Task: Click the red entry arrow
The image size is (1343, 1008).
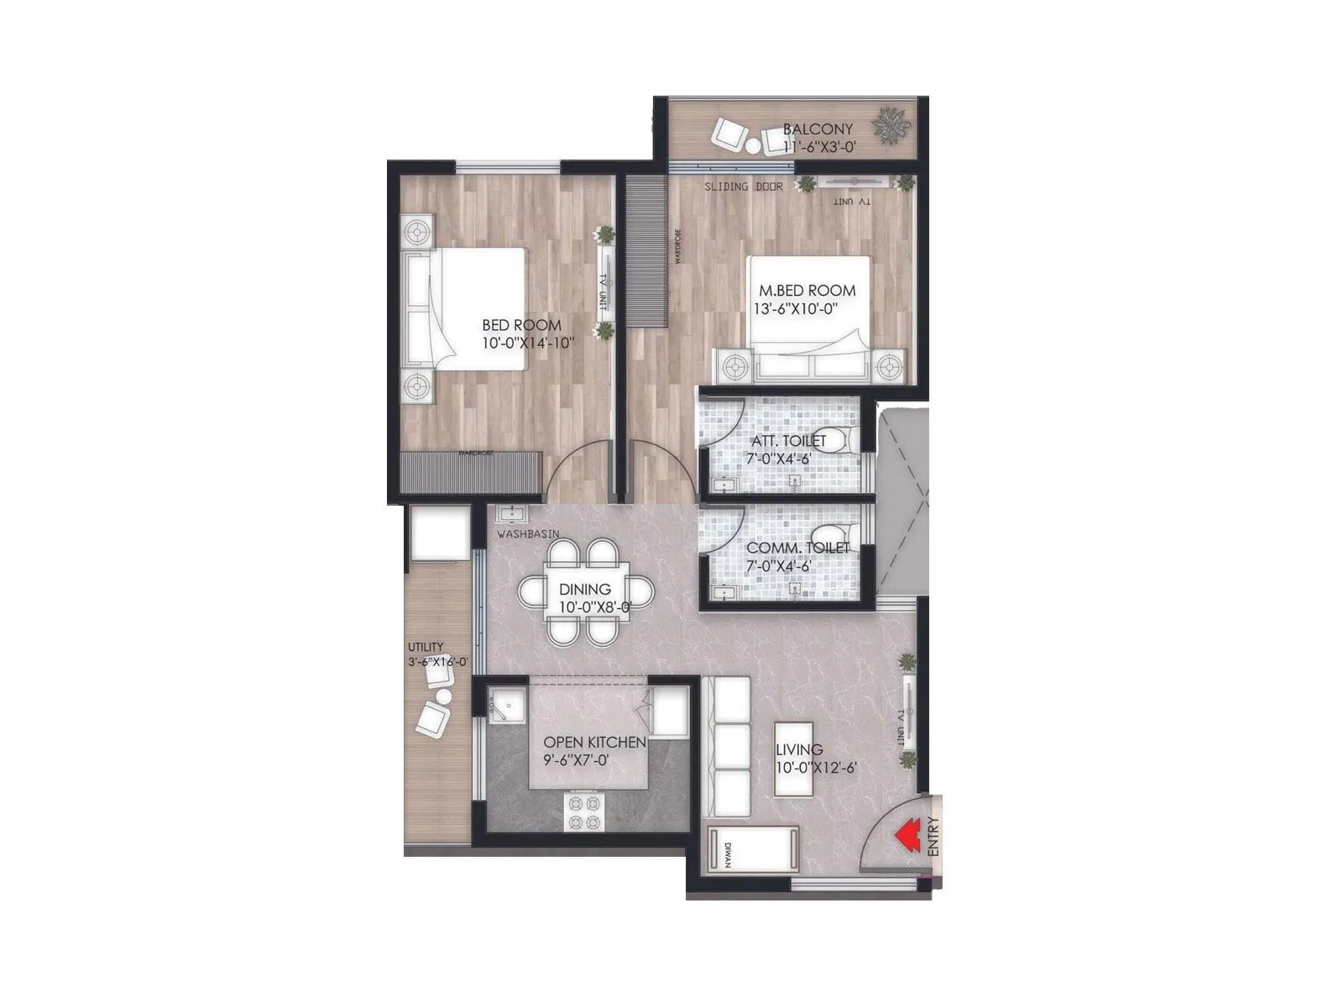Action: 905,836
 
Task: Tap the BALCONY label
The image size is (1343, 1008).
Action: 818,129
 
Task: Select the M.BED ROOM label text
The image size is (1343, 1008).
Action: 807,291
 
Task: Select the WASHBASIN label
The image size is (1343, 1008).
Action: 528,533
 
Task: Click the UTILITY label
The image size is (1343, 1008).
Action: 426,647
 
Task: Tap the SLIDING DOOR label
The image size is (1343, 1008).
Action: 743,186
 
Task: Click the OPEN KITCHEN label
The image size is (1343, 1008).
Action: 594,743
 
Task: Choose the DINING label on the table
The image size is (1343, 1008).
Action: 585,590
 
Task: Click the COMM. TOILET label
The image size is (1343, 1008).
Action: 797,549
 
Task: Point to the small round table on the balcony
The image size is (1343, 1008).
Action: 754,147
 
